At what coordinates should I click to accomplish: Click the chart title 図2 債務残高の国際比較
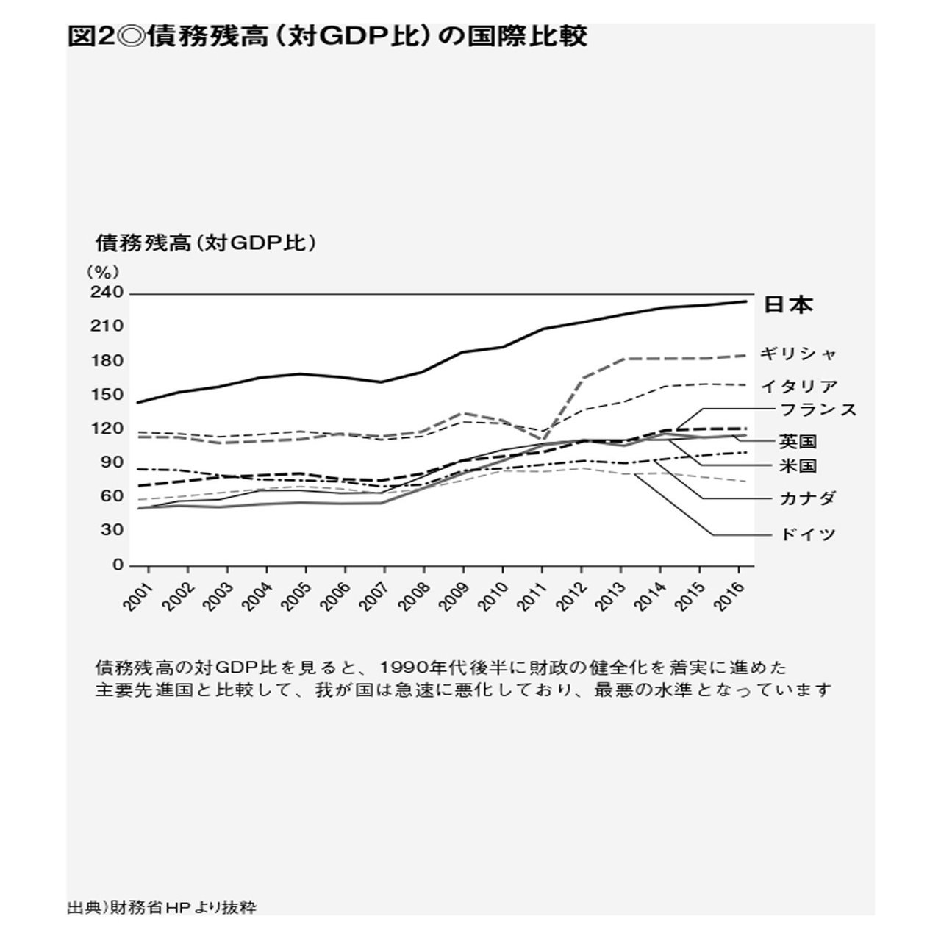pyautogui.click(x=326, y=37)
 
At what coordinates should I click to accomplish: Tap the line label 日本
pyautogui.click(x=789, y=304)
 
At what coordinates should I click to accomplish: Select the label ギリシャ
pyautogui.click(x=798, y=354)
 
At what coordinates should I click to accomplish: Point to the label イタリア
pyautogui.click(x=798, y=386)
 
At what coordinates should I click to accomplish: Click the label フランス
pyautogui.click(x=818, y=409)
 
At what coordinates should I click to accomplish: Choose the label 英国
pyautogui.click(x=798, y=442)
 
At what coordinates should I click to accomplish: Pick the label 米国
pyautogui.click(x=798, y=466)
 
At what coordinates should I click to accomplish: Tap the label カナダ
pyautogui.click(x=807, y=498)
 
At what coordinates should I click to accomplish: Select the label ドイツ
pyautogui.click(x=807, y=534)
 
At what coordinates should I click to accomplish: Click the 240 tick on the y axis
pyautogui.click(x=107, y=293)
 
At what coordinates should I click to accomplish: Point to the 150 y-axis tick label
pyautogui.click(x=107, y=395)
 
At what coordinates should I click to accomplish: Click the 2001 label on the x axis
pyautogui.click(x=137, y=597)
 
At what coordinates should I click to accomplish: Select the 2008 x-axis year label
pyautogui.click(x=414, y=597)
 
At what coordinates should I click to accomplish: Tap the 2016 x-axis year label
pyautogui.click(x=729, y=597)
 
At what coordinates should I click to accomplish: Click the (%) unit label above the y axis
pyautogui.click(x=99, y=271)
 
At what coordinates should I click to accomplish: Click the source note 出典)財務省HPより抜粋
pyautogui.click(x=162, y=907)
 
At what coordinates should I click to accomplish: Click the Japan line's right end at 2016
pyautogui.click(x=745, y=301)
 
